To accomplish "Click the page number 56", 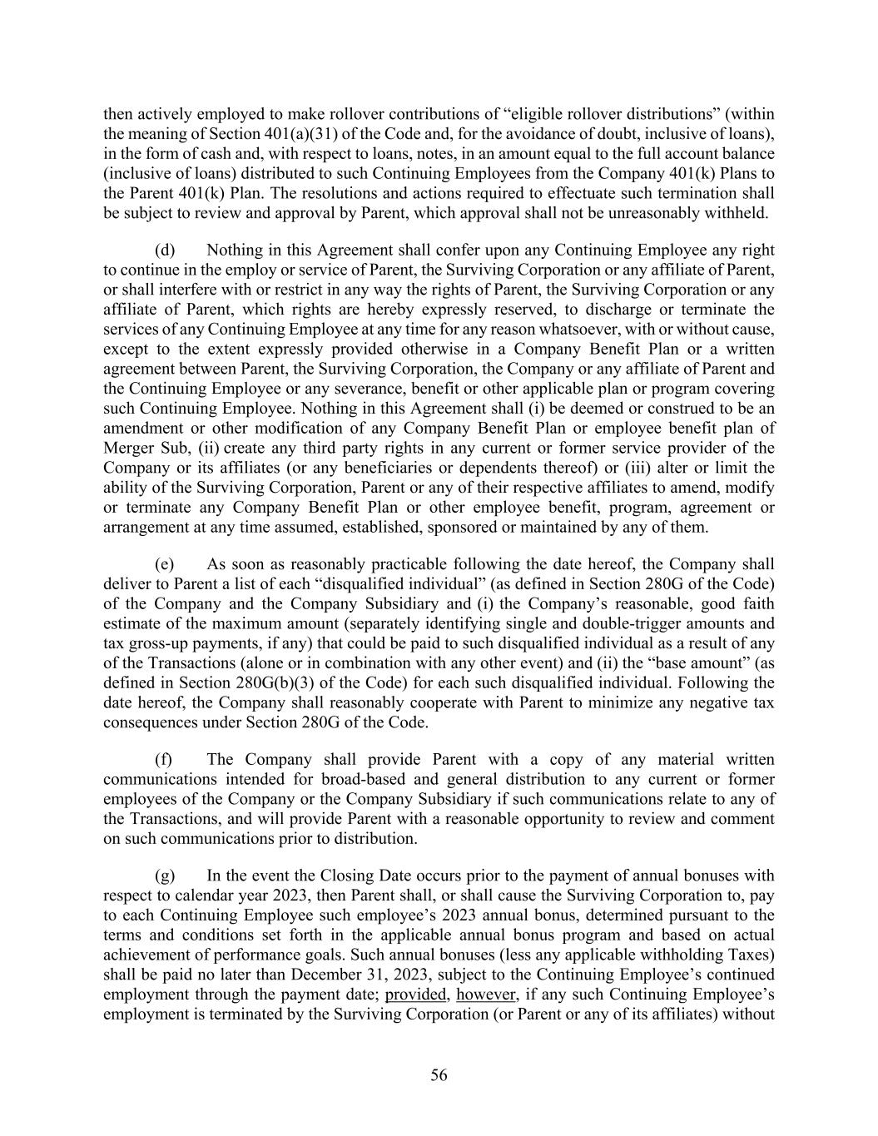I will pyautogui.click(x=439, y=1075).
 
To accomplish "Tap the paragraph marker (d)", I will pyautogui.click(x=165, y=251).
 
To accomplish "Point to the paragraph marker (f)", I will pyautogui.click(x=164, y=759).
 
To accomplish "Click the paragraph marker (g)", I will pyautogui.click(x=165, y=876).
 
